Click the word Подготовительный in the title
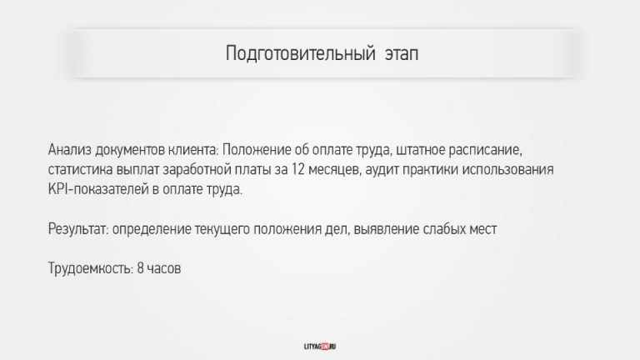(x=300, y=54)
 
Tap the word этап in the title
(x=402, y=54)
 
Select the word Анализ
(x=69, y=150)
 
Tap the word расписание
(x=485, y=151)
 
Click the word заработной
(x=197, y=170)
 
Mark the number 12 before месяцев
(x=298, y=169)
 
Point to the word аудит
(x=382, y=170)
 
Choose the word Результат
(x=78, y=229)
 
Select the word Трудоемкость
(x=91, y=268)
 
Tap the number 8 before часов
(x=140, y=268)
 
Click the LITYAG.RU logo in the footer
(x=320, y=347)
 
